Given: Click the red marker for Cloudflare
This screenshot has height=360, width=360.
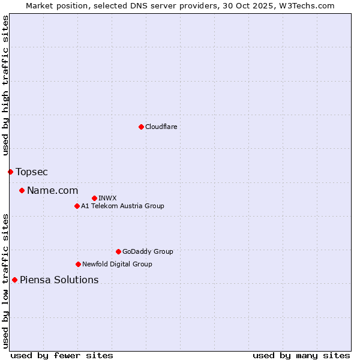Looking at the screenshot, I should point(141,127).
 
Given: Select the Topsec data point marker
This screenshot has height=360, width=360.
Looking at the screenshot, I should point(10,172).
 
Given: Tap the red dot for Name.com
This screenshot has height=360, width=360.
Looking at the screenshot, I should point(22,191).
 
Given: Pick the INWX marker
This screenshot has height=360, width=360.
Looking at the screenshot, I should point(94,198).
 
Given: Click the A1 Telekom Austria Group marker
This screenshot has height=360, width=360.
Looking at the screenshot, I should point(77,206).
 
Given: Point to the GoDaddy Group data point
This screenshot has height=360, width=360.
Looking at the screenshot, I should point(118,252).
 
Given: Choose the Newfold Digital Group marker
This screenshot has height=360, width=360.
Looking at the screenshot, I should point(78,264).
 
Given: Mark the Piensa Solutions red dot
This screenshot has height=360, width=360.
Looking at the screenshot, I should point(14,280).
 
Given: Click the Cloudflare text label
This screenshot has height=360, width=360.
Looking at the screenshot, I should point(161,127).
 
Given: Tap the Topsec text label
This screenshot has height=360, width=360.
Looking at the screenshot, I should point(32,172).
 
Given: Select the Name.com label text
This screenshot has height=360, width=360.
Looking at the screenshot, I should point(53,191).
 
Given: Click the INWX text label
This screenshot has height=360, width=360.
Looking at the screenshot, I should point(107,198).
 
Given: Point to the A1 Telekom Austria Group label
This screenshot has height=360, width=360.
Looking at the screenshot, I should point(122,206).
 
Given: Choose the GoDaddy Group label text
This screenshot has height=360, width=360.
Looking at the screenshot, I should point(148,252).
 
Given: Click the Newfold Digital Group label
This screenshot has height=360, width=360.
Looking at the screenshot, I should point(117,264).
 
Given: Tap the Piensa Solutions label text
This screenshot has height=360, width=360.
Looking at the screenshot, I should point(59,280).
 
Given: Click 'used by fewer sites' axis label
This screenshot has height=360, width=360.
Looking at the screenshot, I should point(62,355).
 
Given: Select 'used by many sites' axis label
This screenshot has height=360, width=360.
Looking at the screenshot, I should point(301,355).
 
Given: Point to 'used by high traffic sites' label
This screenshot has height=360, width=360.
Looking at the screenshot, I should point(5,86).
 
